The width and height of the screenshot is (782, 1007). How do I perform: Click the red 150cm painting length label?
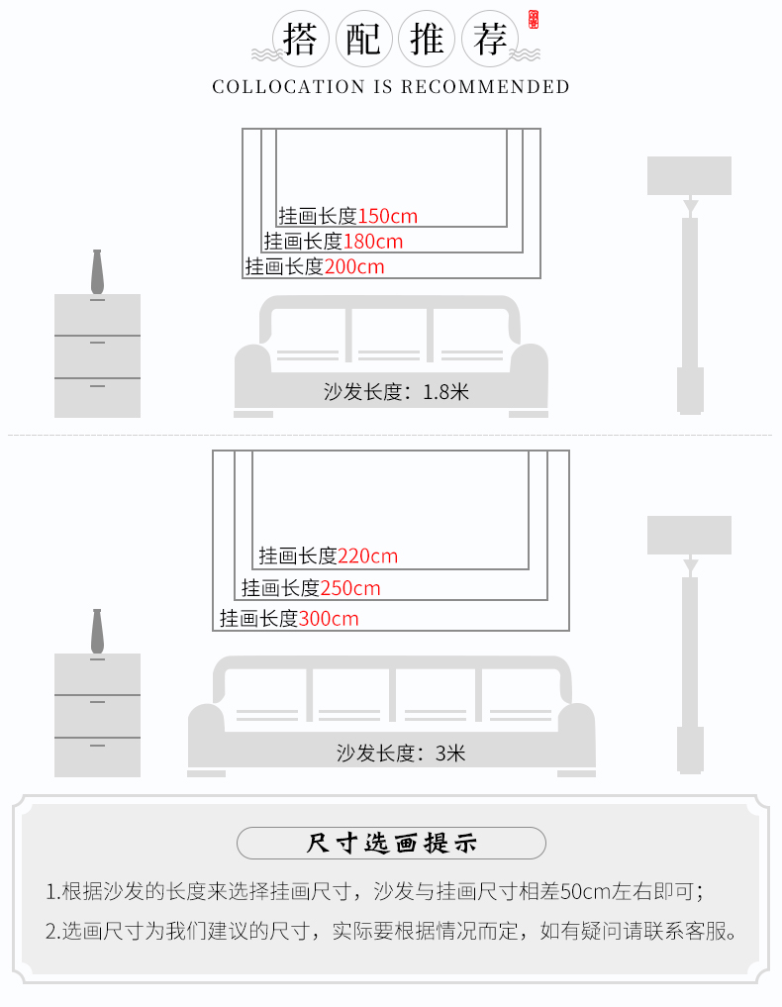388,216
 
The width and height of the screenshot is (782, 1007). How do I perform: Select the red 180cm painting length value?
373,241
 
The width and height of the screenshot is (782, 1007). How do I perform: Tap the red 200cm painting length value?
354,266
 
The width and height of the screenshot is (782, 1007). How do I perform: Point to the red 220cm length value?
368,556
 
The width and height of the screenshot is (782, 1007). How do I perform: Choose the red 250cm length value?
350,588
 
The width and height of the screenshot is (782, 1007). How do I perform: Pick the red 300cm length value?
329,619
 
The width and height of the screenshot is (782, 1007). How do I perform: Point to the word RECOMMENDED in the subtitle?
485,87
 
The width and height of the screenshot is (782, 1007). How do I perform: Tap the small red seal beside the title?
534,20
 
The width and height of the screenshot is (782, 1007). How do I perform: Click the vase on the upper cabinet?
98,271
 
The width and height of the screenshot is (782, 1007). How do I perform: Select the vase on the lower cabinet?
98,631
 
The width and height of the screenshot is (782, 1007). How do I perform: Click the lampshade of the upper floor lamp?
689,175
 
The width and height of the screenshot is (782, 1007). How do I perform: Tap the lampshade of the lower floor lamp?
689,535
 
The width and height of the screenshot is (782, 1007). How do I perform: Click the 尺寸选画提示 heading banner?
391,844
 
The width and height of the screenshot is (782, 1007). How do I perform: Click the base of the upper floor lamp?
690,390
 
